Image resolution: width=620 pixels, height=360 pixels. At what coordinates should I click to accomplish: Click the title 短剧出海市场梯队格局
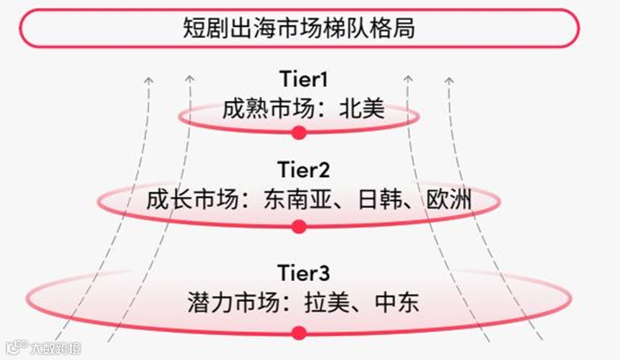(298, 29)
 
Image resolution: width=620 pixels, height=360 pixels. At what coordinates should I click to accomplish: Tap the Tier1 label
(299, 79)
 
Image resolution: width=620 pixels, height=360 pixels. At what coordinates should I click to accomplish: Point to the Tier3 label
(299, 274)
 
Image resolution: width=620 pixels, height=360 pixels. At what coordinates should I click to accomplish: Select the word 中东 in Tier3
(396, 302)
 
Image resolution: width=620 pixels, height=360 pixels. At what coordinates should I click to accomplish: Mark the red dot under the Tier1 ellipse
(299, 132)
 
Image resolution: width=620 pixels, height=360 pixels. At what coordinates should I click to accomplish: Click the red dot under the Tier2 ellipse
(299, 227)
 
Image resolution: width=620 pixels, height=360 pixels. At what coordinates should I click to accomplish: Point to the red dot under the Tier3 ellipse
(299, 332)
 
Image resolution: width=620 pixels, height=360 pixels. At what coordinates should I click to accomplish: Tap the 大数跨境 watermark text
(54, 349)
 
